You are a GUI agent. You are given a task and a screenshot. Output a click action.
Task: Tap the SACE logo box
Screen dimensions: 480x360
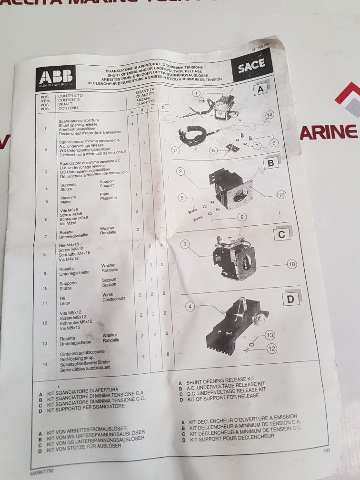251,67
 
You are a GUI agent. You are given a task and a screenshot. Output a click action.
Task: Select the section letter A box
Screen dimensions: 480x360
260,90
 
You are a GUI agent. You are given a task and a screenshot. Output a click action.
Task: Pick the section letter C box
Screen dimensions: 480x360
281,234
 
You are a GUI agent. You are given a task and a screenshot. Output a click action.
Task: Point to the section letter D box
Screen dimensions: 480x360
291,299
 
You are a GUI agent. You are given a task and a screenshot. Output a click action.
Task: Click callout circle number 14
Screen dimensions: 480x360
270,115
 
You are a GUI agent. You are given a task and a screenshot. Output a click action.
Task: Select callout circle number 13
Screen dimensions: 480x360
270,336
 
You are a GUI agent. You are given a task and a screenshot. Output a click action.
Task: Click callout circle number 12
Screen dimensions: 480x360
272,349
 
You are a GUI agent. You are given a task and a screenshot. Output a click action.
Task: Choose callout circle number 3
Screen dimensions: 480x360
185,244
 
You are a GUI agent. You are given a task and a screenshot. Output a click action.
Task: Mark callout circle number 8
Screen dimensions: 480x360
181,198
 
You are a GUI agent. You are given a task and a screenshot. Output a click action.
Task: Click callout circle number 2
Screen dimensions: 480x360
180,171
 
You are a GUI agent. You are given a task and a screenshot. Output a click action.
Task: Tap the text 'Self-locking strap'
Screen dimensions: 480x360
79,357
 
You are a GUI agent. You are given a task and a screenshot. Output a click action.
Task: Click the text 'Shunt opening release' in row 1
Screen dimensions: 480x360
78,125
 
